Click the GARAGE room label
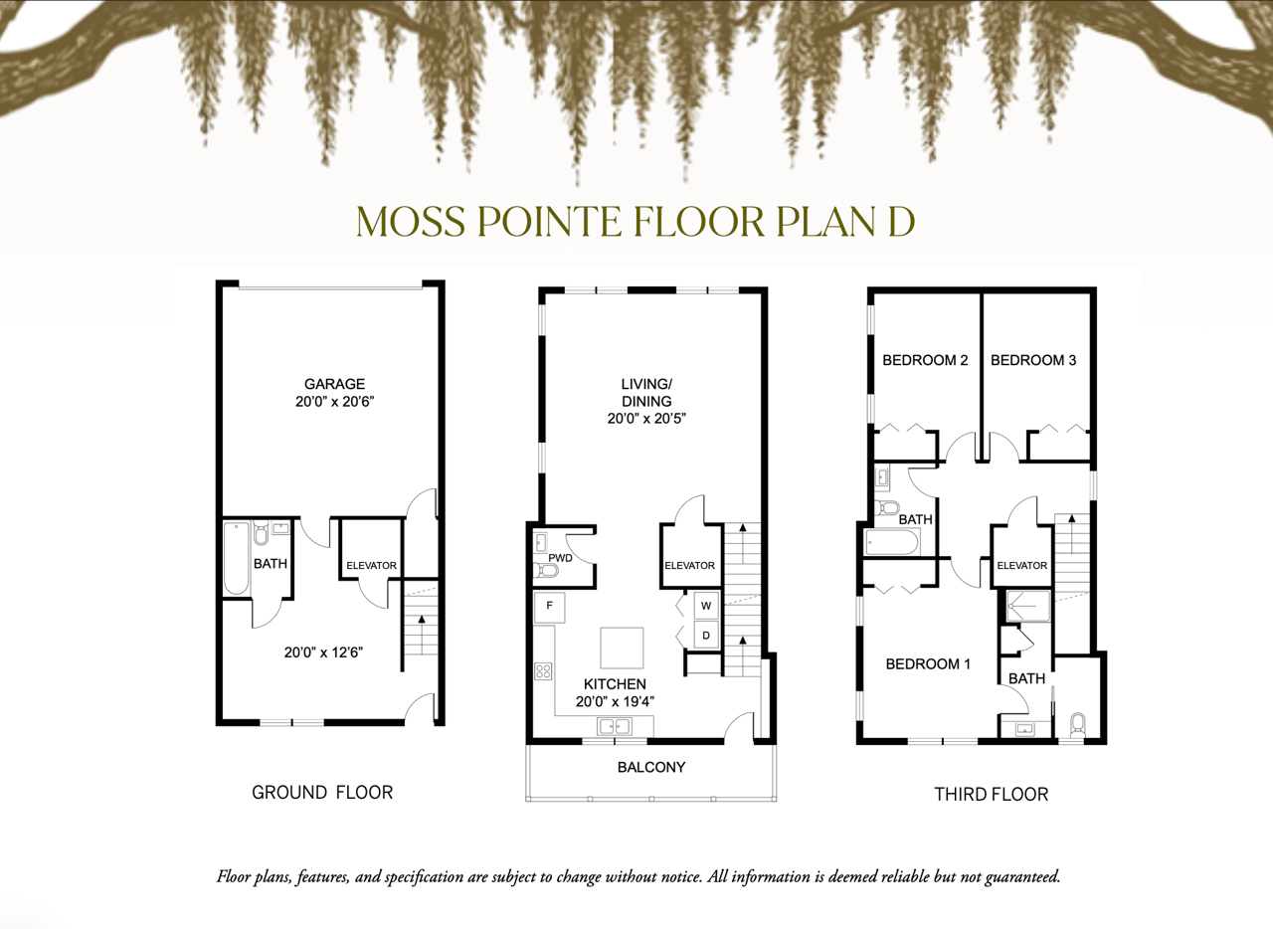click(x=335, y=384)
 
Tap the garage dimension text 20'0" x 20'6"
click(x=335, y=402)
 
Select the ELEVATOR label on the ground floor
click(x=372, y=565)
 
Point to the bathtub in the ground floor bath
click(x=237, y=558)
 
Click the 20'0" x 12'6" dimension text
click(x=323, y=652)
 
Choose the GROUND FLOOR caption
click(x=322, y=793)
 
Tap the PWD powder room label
click(x=560, y=558)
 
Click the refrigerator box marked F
click(x=550, y=607)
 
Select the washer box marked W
click(x=706, y=606)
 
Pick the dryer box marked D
click(x=706, y=635)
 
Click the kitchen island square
click(x=622, y=648)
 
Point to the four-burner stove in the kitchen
click(x=543, y=671)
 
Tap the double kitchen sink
click(x=615, y=726)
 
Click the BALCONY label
click(x=651, y=767)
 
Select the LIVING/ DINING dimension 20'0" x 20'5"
click(x=646, y=419)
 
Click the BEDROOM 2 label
click(x=925, y=360)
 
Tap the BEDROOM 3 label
click(x=1033, y=360)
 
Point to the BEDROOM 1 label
click(x=928, y=663)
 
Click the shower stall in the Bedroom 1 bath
click(x=1028, y=606)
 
